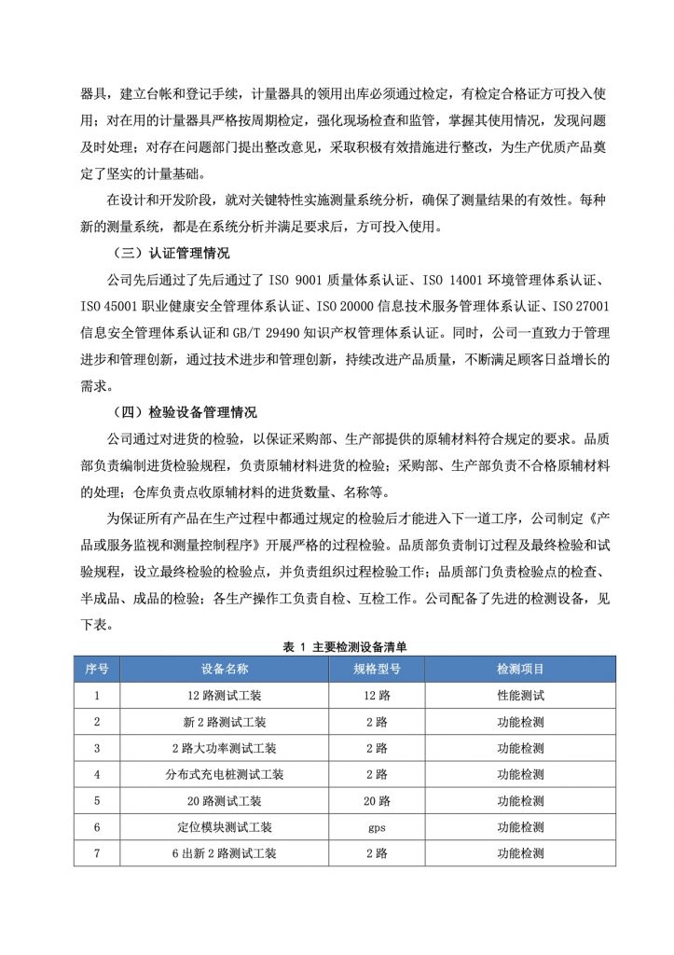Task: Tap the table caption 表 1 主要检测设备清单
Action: coord(345,645)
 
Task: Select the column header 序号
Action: coord(97,669)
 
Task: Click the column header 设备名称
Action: coord(225,669)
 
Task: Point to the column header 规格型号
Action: coord(377,669)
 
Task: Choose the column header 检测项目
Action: coord(520,669)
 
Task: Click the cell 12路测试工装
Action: coord(225,695)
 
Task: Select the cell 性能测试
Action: coord(520,695)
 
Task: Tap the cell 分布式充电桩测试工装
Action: coord(225,774)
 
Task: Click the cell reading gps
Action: coord(377,827)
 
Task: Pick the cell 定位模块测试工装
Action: coord(225,827)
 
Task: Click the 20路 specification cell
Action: coord(377,801)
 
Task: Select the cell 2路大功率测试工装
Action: coord(225,748)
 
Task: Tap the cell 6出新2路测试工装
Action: coord(225,853)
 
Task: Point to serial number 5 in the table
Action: coord(97,801)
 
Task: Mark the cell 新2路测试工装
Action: coord(225,722)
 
